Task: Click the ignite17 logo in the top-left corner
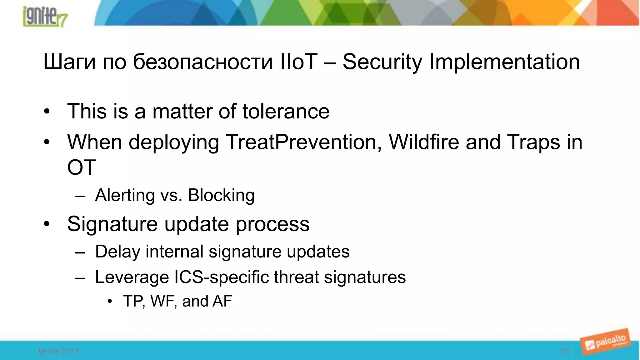[x=45, y=16]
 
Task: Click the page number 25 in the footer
[x=565, y=351]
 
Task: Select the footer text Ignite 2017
[x=58, y=351]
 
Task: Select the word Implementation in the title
[x=504, y=62]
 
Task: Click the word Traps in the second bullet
[x=533, y=142]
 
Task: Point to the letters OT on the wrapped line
[x=82, y=167]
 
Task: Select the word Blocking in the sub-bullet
[x=221, y=195]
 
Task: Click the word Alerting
[x=125, y=195]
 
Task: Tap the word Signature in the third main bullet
[x=112, y=224]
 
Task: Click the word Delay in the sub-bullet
[x=117, y=252]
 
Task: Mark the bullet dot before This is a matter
[x=47, y=112]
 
